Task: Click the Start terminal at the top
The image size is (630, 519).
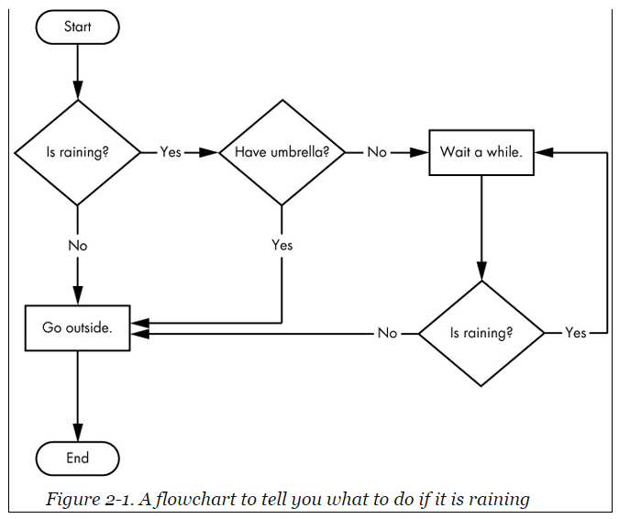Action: [77, 27]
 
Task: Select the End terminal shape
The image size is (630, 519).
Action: [77, 458]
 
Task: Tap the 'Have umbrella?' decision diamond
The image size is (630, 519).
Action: [282, 152]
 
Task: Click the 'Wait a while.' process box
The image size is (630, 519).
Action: [481, 152]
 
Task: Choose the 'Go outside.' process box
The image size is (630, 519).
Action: [77, 327]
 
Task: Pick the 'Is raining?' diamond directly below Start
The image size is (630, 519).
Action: [77, 152]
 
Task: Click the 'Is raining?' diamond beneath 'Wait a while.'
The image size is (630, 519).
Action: [481, 333]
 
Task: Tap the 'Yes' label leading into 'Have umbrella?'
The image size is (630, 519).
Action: [171, 152]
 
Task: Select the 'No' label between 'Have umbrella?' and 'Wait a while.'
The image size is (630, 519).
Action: [377, 152]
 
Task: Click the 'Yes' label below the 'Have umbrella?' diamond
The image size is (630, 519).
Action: [282, 245]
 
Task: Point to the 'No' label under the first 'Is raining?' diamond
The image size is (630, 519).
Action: [77, 245]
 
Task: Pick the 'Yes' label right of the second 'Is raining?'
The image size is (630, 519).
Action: [575, 333]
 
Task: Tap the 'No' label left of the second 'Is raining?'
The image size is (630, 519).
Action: [387, 333]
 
